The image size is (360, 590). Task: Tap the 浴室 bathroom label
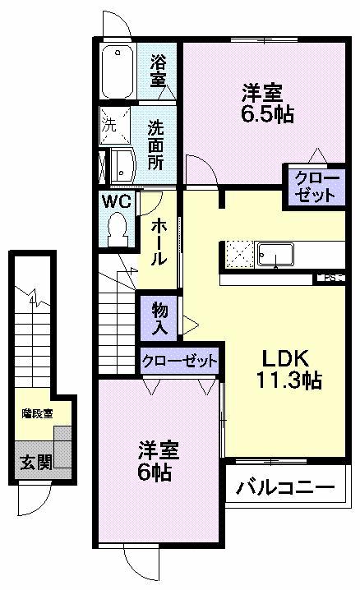[x=159, y=70]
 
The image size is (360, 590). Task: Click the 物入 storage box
[x=160, y=318]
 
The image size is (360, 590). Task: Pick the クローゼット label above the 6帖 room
[x=179, y=361]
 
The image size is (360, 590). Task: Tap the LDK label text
[x=284, y=359]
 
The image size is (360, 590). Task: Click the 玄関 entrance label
[x=35, y=462]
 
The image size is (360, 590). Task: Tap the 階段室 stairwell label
[x=36, y=413]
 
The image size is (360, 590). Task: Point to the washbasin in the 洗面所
[x=119, y=167]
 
